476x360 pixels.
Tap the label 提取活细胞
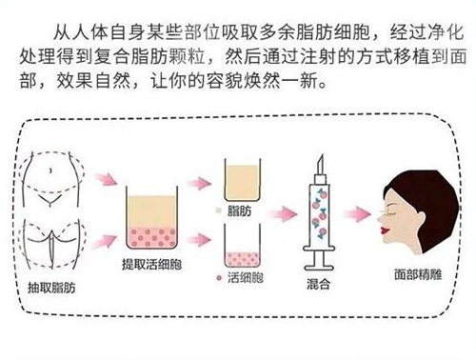coord(152,263)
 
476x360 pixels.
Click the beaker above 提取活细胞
coord(152,220)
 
